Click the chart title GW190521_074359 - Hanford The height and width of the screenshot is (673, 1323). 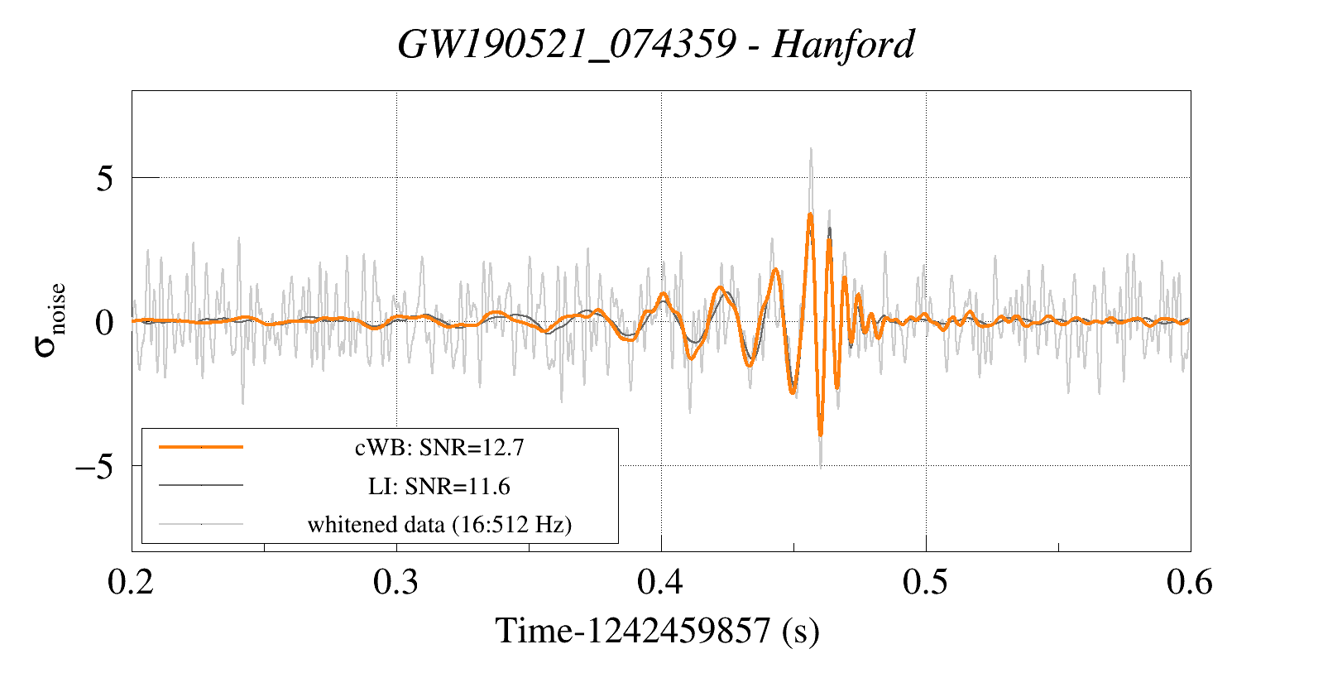tap(655, 44)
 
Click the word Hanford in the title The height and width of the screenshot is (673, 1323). tap(843, 44)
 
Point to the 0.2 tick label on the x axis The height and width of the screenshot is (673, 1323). tap(131, 583)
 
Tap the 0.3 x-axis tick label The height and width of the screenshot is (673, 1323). tap(395, 583)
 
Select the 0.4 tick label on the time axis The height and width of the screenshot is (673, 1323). tap(660, 583)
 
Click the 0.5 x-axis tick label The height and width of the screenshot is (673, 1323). tap(925, 583)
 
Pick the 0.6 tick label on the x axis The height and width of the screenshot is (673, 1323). tap(1190, 583)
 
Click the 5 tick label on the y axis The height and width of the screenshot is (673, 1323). tap(104, 178)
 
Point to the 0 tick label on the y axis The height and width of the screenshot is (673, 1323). tap(104, 322)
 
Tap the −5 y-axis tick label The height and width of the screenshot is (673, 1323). tap(93, 466)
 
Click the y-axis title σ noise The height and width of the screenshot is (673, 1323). tap(50, 320)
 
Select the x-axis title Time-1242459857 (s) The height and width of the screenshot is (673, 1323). tap(657, 631)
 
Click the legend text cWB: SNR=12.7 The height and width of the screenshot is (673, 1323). tap(439, 448)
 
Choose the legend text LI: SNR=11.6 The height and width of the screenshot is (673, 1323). tap(439, 486)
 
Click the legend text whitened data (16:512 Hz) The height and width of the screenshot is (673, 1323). tap(439, 524)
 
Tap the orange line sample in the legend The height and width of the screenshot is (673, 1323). tap(201, 447)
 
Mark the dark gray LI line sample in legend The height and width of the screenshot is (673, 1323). tap(201, 485)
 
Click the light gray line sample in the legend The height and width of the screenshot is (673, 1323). tap(201, 523)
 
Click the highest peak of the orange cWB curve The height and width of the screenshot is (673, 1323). tap(810, 214)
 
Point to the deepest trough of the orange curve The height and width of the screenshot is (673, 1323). tap(820, 434)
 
